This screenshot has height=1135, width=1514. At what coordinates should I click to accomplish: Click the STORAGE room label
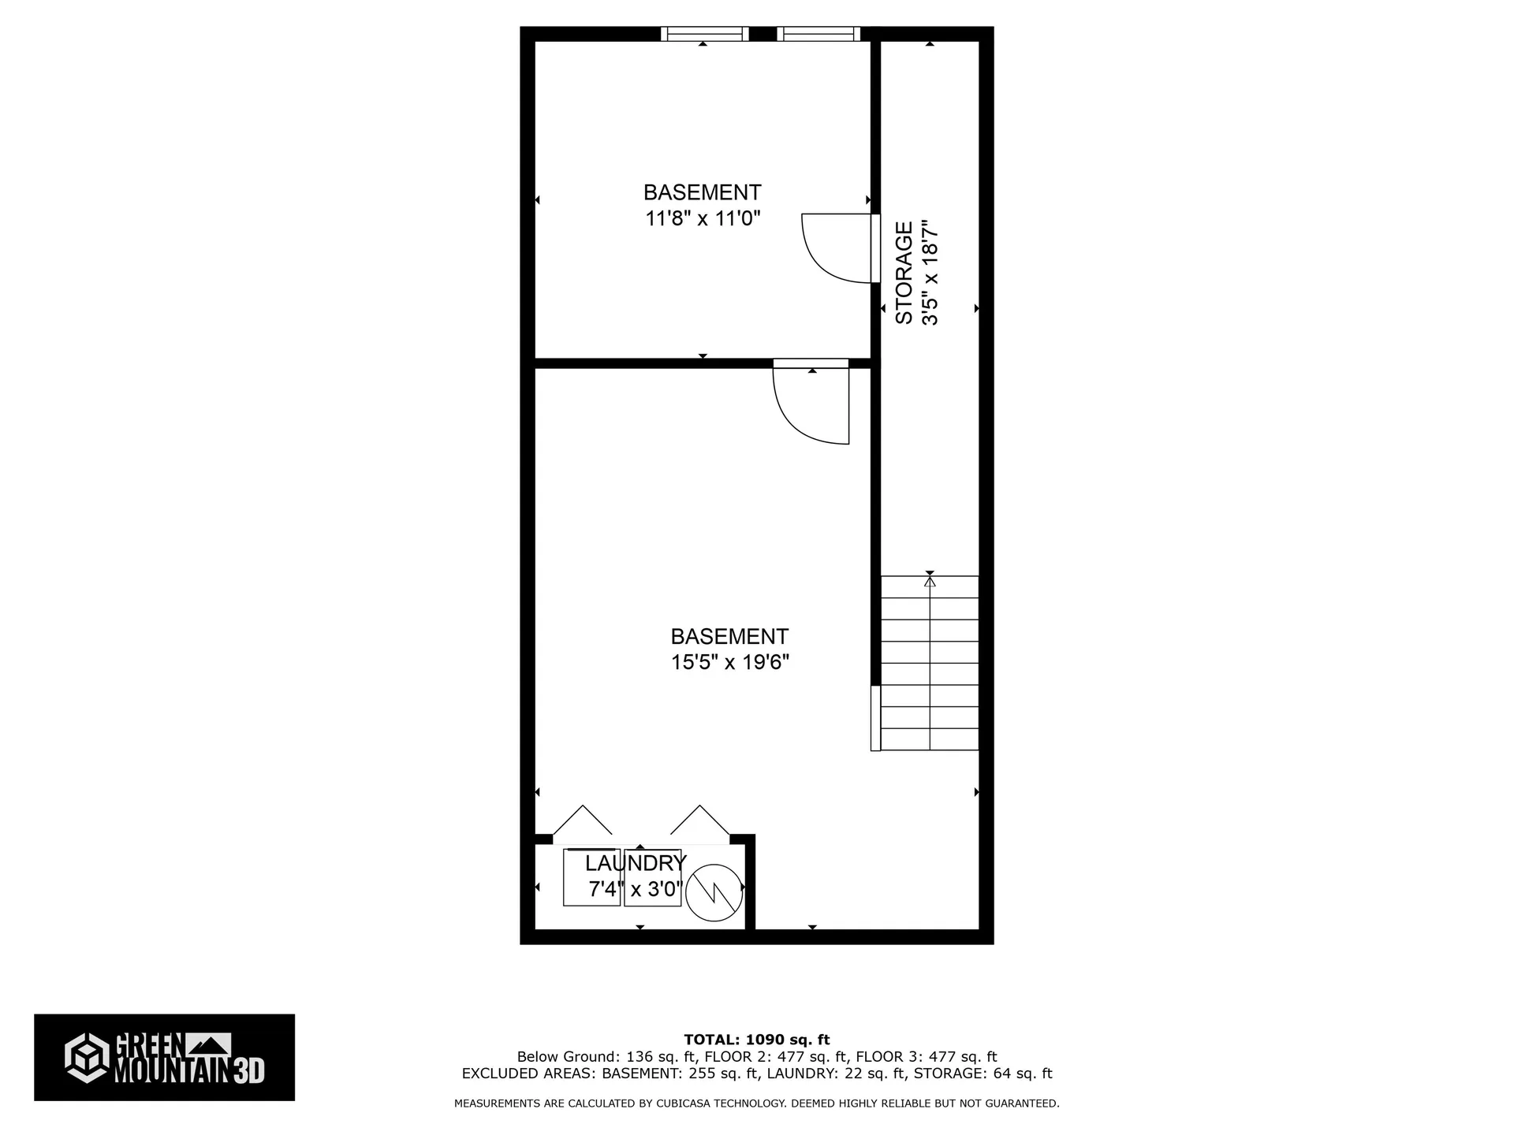pyautogui.click(x=904, y=273)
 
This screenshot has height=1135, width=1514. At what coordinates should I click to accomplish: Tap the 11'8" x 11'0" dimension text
pyautogui.click(x=703, y=218)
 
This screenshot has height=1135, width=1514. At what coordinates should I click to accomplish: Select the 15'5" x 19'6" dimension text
pyautogui.click(x=729, y=662)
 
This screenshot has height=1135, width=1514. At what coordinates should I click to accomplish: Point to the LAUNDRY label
pyautogui.click(x=636, y=862)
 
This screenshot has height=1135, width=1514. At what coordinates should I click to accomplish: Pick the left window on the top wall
pyautogui.click(x=704, y=34)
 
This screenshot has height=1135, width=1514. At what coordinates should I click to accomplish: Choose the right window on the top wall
pyautogui.click(x=819, y=34)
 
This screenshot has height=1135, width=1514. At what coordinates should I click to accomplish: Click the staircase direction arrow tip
pyautogui.click(x=930, y=578)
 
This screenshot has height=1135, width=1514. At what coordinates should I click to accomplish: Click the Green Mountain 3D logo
pyautogui.click(x=164, y=1057)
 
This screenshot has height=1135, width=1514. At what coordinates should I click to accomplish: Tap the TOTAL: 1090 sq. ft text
pyautogui.click(x=756, y=1040)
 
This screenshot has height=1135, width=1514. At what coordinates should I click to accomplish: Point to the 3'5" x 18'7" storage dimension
pyautogui.click(x=930, y=273)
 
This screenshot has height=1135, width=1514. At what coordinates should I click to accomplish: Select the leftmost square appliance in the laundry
pyautogui.click(x=591, y=877)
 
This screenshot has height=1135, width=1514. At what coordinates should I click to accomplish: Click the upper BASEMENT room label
pyautogui.click(x=703, y=192)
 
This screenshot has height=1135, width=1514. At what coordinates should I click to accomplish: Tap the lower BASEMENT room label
pyautogui.click(x=729, y=636)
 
